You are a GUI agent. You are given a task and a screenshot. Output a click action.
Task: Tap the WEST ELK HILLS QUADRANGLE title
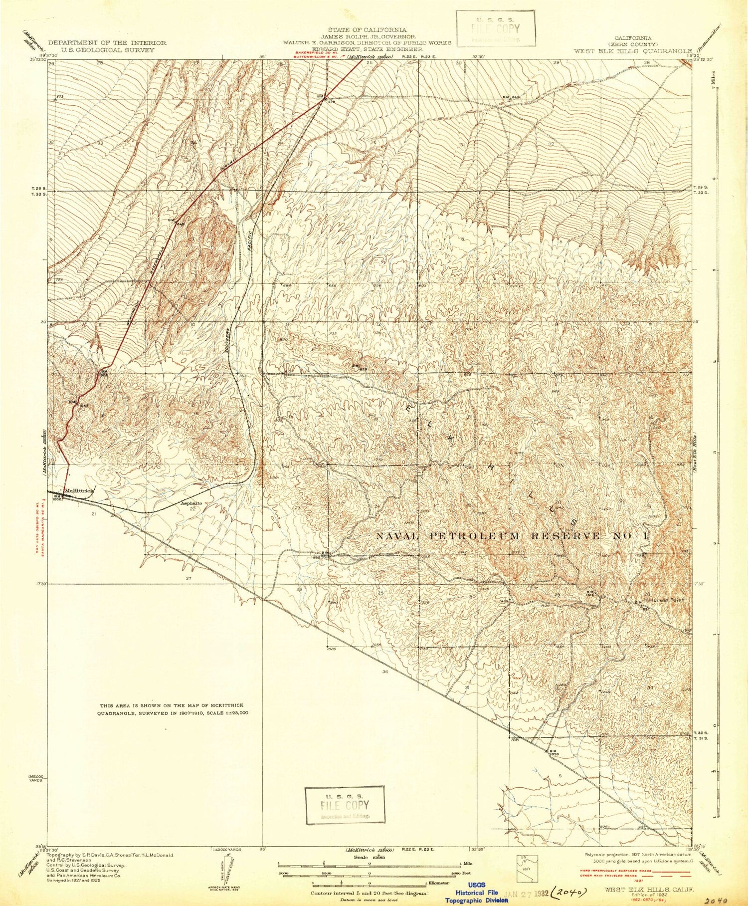[632, 50]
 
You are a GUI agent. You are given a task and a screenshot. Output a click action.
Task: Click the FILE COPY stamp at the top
[495, 28]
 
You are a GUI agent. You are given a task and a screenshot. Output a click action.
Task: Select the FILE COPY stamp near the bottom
[345, 805]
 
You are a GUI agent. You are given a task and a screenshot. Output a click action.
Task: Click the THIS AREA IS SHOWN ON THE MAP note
[173, 709]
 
